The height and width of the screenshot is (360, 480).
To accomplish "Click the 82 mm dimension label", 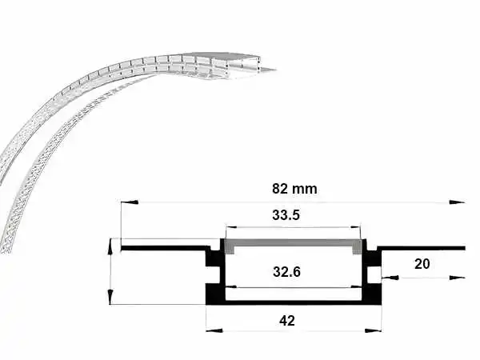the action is [x=294, y=189].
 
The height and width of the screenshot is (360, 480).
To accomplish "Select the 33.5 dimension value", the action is [x=286, y=215].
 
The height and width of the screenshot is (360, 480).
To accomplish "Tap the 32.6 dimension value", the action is [x=286, y=271].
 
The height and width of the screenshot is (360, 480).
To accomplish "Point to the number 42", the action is [x=287, y=321].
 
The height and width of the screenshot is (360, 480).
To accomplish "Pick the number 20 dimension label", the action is [x=422, y=264].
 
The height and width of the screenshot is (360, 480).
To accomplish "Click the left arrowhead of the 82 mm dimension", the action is [x=130, y=202].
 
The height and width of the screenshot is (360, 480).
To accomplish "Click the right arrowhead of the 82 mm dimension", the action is [x=457, y=202].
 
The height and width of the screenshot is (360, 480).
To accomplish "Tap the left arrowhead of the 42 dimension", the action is [x=214, y=331].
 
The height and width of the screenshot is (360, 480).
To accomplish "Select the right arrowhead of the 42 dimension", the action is [x=373, y=331].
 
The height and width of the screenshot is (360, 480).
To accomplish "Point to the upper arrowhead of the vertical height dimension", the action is [x=110, y=246].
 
